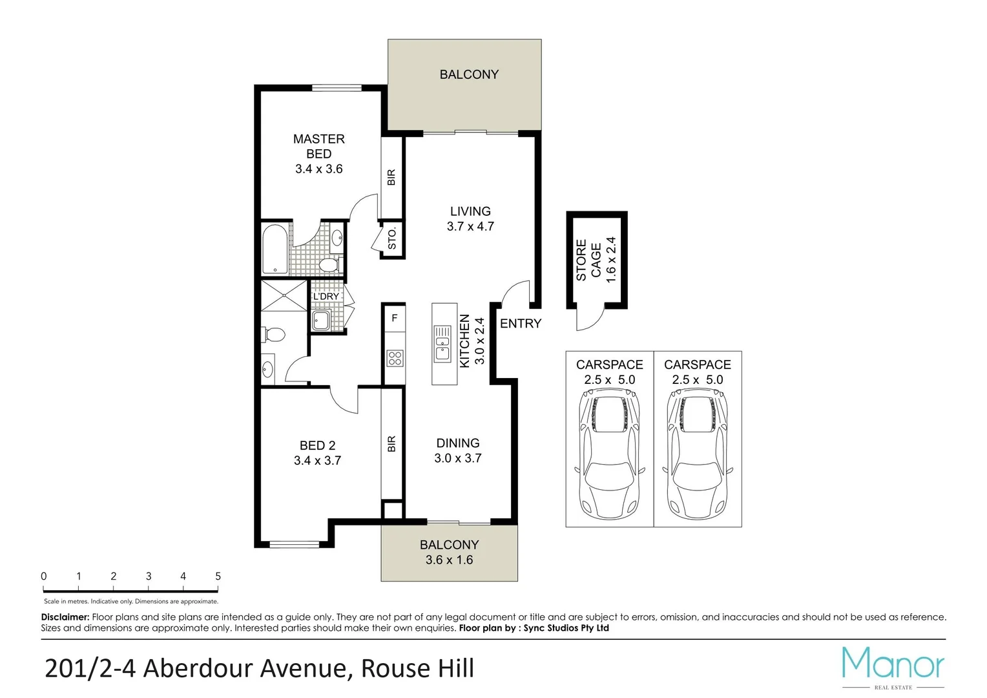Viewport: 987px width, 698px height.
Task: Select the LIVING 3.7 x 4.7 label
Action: point(470,218)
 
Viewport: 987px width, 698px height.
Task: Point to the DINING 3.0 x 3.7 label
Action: point(457,450)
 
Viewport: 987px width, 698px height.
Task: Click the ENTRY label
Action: point(520,323)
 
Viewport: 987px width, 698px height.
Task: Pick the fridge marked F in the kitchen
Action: point(394,318)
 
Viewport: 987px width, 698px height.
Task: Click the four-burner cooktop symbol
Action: point(395,358)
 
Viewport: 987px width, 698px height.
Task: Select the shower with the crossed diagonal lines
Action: point(285,295)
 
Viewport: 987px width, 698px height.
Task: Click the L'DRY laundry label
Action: point(326,296)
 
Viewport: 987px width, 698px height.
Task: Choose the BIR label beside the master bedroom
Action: point(391,177)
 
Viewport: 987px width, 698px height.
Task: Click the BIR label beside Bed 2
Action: point(391,444)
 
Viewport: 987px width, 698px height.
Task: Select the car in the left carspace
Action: point(609,456)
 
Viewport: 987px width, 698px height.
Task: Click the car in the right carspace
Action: point(697,456)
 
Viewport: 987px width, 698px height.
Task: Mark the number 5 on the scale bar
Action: point(218,576)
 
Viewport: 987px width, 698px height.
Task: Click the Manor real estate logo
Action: point(893,666)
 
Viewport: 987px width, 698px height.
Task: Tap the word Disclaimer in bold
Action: point(65,617)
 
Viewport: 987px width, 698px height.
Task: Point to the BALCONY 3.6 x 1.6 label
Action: point(449,553)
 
